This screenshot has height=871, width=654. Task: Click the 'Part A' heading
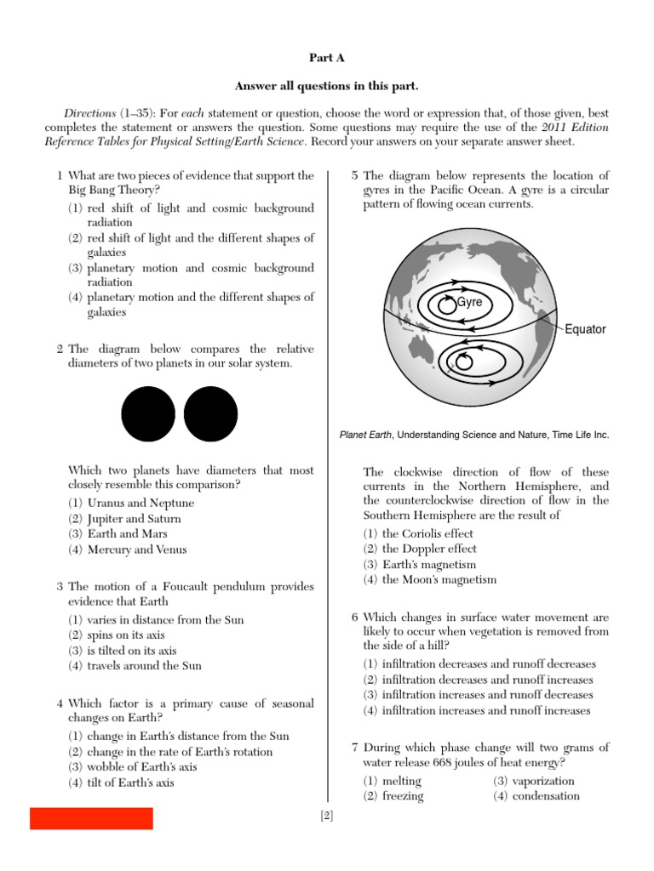(x=326, y=57)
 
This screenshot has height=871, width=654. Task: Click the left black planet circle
(x=148, y=414)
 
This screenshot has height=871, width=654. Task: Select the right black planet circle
(x=210, y=414)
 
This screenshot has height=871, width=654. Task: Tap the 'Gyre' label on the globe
(x=469, y=302)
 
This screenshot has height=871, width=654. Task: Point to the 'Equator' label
(x=585, y=329)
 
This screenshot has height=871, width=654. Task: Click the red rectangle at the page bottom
(x=91, y=818)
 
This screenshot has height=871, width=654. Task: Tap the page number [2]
(x=326, y=817)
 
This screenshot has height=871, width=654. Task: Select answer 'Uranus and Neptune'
(x=141, y=503)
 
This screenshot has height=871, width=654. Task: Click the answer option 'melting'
(x=402, y=781)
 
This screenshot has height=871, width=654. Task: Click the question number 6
(x=355, y=617)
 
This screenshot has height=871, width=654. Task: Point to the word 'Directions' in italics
(x=90, y=113)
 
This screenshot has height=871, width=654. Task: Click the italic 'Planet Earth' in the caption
(x=366, y=435)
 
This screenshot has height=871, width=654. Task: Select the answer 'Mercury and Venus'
(x=137, y=549)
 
